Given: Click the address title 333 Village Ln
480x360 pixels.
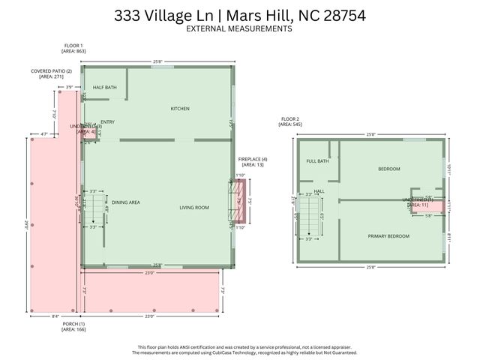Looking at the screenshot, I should coord(239,15).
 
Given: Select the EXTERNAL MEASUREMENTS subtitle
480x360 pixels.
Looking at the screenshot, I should coord(239,28).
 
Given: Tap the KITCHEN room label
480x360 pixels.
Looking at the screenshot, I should coord(180,109).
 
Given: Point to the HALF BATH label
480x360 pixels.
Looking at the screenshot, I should coord(104,88).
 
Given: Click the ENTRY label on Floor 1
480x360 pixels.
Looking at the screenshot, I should coord(107,122).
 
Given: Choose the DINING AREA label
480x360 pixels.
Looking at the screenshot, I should coord(126,202).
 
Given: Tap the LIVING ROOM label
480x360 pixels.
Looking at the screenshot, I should coord(193,207).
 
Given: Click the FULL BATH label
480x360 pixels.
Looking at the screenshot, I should coord(317,161).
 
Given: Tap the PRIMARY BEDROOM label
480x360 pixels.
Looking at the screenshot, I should coord(388,236).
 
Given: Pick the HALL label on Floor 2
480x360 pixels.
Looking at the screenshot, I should coord(319,191).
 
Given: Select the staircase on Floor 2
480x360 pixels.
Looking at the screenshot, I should coord(308,217).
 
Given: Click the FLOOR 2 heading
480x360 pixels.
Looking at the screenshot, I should coord(290,120).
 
